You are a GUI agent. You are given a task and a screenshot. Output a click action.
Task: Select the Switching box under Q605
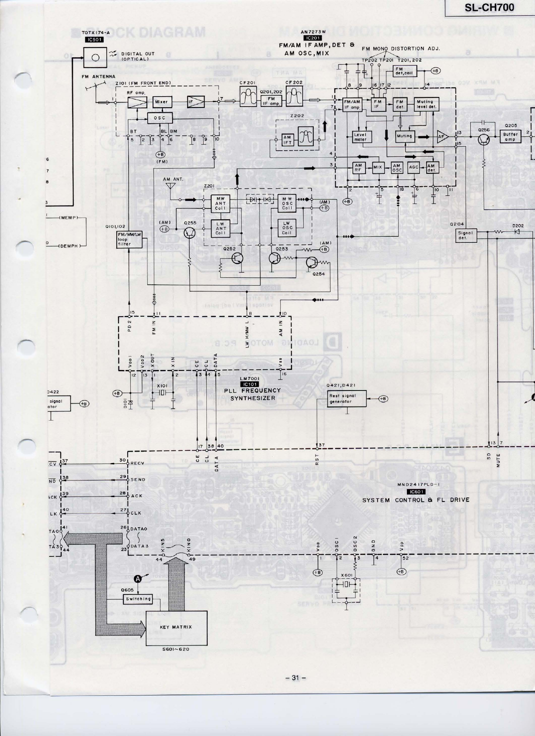click(138, 599)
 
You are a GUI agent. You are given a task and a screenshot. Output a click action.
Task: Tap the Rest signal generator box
click(346, 398)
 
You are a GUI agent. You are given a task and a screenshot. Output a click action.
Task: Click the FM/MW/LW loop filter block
click(123, 239)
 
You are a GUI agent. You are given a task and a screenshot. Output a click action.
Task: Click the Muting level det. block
click(426, 104)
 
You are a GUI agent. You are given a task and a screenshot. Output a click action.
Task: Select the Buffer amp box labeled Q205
click(510, 137)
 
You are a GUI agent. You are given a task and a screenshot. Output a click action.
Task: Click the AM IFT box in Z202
click(287, 140)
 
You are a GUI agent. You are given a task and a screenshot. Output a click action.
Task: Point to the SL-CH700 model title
click(489, 7)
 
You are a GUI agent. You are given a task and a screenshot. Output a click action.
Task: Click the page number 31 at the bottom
click(295, 677)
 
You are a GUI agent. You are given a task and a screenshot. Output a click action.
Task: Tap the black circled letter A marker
click(137, 579)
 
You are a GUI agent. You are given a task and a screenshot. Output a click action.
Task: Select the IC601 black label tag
click(415, 491)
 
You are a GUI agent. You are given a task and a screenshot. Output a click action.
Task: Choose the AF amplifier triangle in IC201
click(443, 137)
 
